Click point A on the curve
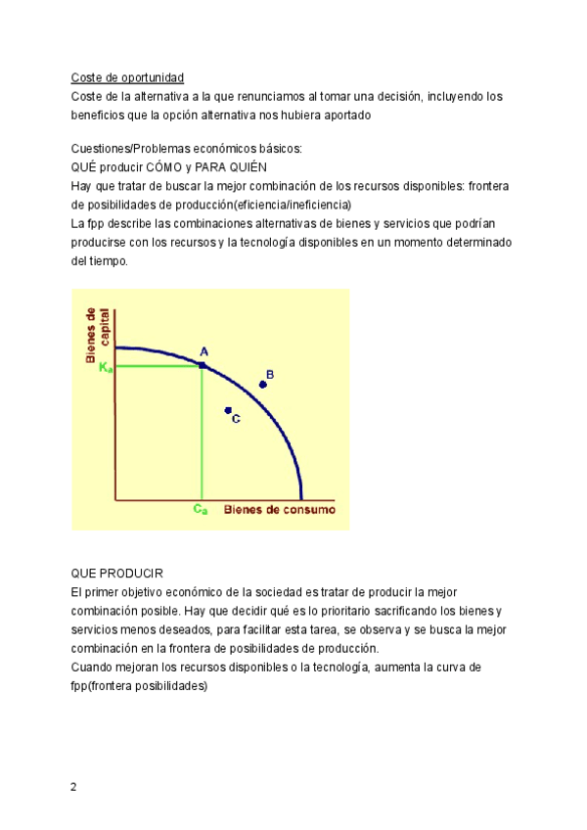tap(203, 364)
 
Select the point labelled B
tap(262, 385)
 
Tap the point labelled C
tap(228, 410)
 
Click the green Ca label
tap(201, 510)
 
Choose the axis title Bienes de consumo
tap(280, 510)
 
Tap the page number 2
tap(74, 788)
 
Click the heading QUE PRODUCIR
tap(117, 574)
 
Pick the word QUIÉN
tap(258, 167)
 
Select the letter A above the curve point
tap(203, 351)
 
